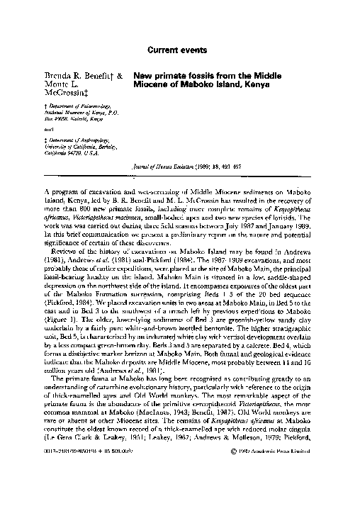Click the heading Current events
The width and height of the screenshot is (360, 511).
[x=179, y=50]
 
